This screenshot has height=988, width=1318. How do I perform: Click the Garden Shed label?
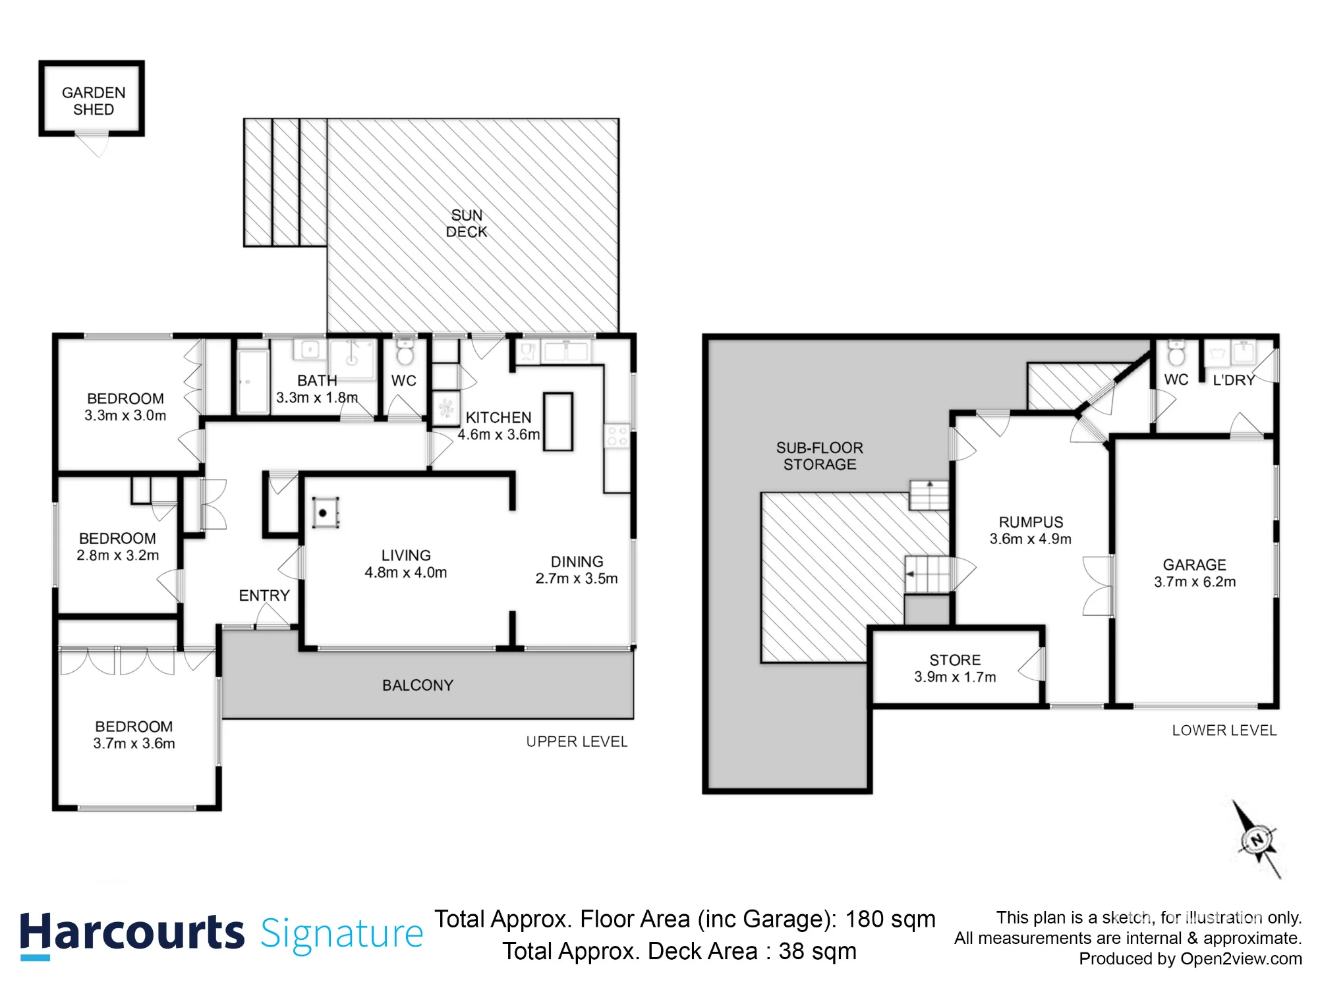(x=94, y=101)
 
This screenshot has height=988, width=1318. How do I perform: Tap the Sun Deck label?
(x=467, y=223)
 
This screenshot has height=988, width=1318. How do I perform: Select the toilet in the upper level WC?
(x=405, y=352)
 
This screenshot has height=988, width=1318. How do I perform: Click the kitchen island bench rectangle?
(x=558, y=422)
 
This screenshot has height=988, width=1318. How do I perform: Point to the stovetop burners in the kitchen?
(x=617, y=436)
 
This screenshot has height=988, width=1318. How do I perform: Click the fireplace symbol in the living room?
(x=325, y=512)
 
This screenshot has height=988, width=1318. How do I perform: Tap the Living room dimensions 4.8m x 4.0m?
(x=406, y=572)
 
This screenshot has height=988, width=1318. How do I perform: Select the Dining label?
(x=577, y=561)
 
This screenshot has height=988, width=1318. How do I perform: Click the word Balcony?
(x=418, y=685)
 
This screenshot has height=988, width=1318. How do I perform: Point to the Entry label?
(x=264, y=595)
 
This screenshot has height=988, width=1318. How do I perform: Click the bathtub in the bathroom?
(x=252, y=381)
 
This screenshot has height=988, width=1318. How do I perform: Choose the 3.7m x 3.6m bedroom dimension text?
(x=134, y=744)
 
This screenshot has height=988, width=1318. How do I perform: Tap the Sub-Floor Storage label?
(x=820, y=456)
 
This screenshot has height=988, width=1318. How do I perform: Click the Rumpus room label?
(x=1031, y=522)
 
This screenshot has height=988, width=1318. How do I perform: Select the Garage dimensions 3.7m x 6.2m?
(x=1195, y=582)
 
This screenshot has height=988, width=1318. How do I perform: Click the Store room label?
(x=955, y=659)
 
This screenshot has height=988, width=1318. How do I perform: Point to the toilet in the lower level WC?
(x=1176, y=353)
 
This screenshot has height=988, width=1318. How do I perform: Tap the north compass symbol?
(x=1257, y=840)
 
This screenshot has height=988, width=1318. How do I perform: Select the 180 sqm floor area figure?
(x=890, y=919)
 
